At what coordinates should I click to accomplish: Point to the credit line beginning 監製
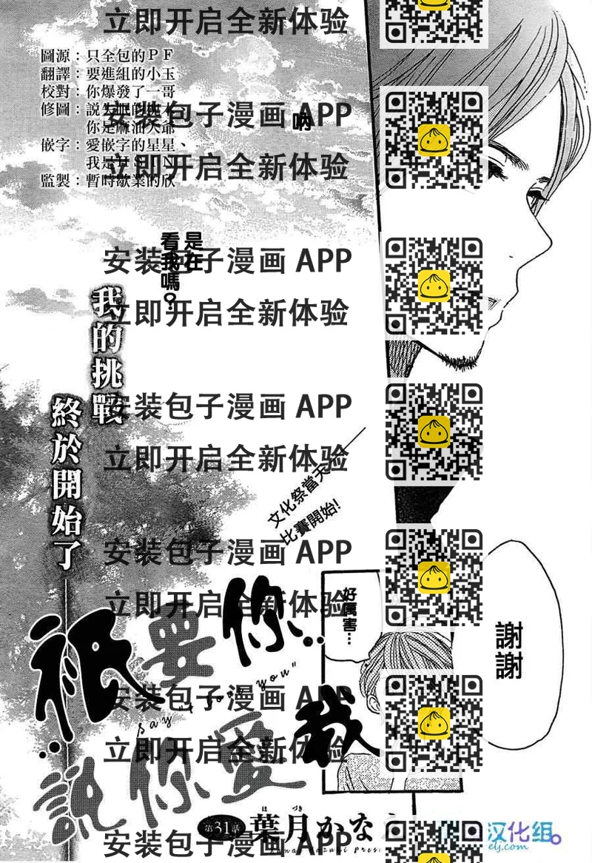pyautogui.click(x=107, y=181)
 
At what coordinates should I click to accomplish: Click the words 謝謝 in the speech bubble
pyautogui.click(x=509, y=649)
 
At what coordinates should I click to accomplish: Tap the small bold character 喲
pyautogui.click(x=302, y=123)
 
